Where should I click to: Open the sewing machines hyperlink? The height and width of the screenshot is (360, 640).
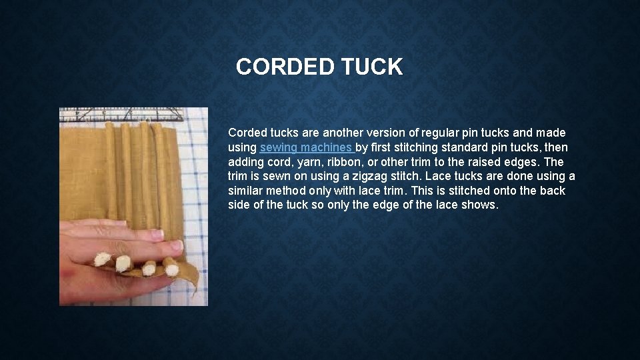click(x=307, y=147)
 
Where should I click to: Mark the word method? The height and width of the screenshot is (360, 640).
click(x=291, y=191)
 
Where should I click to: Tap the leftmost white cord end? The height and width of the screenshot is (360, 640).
click(x=102, y=259)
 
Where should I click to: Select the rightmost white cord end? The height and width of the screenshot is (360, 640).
click(x=171, y=268)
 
